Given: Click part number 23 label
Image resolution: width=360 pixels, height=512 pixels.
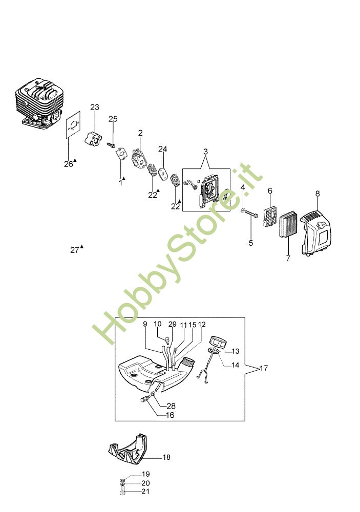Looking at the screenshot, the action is point(95,107).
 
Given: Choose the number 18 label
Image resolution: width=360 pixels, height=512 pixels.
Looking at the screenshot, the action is point(166,457).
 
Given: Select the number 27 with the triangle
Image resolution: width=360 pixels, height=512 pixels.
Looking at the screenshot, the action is point(75,250).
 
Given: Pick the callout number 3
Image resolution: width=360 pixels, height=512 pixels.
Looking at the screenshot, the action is point(205,152).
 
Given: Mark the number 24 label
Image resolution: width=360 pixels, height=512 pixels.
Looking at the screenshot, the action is point(162,149).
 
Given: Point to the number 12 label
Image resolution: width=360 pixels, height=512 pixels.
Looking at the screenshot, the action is point(202,324).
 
